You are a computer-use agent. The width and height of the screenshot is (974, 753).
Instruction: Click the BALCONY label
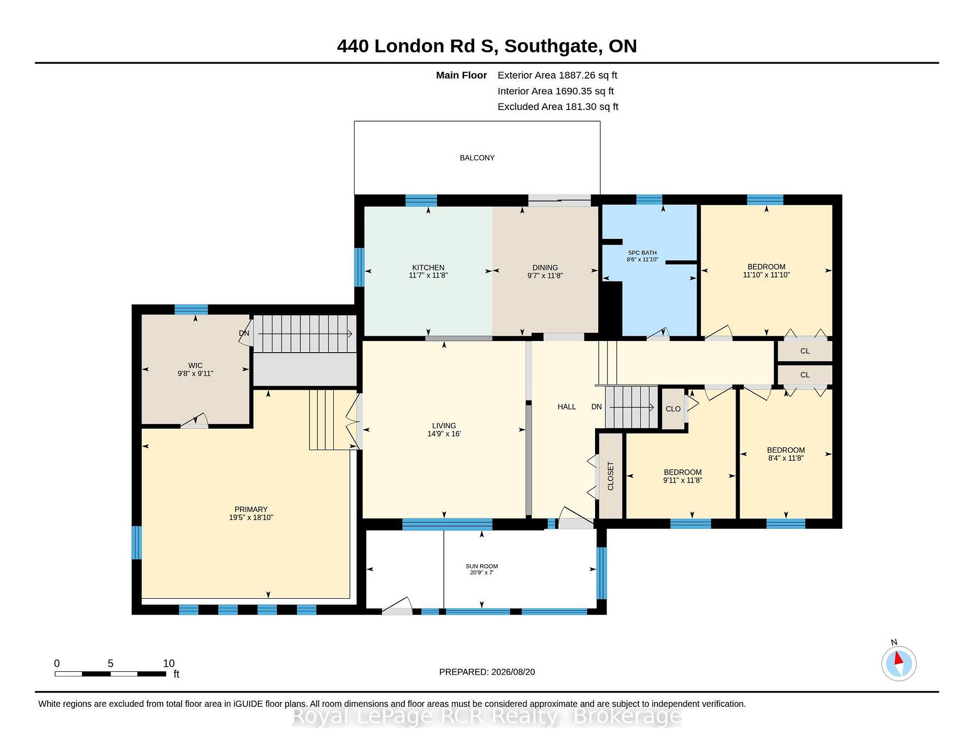[x=477, y=158]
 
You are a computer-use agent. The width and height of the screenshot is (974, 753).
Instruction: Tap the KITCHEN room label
[x=428, y=267]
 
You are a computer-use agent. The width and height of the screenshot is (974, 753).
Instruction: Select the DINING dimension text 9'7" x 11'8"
[x=545, y=276]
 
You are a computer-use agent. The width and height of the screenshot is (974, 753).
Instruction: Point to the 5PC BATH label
[x=642, y=253]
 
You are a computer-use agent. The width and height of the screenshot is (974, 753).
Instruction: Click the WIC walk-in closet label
[x=195, y=365]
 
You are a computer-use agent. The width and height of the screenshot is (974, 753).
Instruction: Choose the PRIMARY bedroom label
[x=251, y=509]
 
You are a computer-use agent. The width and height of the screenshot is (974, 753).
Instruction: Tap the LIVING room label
[x=444, y=426]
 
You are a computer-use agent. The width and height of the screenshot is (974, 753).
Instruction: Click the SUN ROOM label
[x=482, y=566]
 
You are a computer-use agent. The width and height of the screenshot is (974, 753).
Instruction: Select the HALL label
[x=567, y=406]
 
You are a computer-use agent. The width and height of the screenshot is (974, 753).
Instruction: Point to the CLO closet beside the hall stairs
[x=673, y=409]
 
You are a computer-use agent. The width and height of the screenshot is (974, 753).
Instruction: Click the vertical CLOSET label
[x=611, y=476]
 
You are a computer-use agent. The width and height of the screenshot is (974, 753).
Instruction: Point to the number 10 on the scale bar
[x=169, y=663]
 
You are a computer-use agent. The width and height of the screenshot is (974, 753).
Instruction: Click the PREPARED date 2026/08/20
[x=513, y=672]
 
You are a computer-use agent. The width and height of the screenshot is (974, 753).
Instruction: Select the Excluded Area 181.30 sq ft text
[x=558, y=107]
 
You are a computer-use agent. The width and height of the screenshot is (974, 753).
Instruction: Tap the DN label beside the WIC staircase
[x=244, y=333]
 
